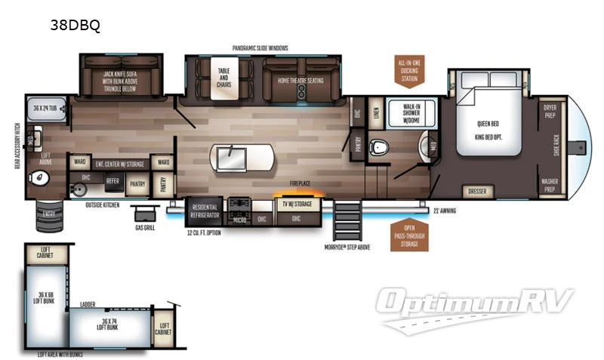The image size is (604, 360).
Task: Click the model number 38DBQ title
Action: (x=75, y=25)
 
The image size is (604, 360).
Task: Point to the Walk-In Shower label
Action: (x=411, y=112)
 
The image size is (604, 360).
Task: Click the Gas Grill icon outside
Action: (x=142, y=214)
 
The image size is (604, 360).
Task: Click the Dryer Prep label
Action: (x=550, y=111)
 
